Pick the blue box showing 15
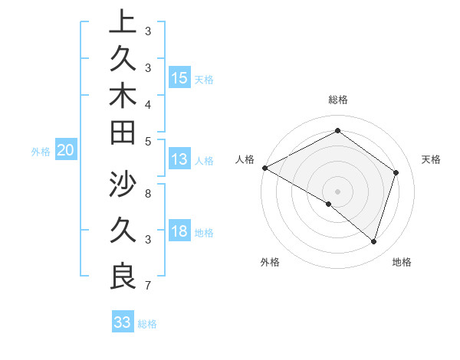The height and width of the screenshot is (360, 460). pos(179,78)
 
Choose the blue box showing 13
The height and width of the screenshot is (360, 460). pos(179,159)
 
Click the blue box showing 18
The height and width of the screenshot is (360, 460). pos(179,231)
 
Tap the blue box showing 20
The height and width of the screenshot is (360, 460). pos(66,151)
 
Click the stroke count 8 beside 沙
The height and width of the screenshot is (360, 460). pos(147,185)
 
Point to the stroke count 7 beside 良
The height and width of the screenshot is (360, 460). pos(147,286)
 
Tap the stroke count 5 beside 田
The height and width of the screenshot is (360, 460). pos(147,140)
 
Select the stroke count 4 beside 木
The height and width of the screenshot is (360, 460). pos(147,103)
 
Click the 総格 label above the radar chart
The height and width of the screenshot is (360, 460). pos(337,100)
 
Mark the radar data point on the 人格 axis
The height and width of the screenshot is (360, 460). pos(264,168)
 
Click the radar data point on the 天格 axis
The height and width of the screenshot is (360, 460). pos(396,172)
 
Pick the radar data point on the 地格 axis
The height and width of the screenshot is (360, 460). pos(373,241)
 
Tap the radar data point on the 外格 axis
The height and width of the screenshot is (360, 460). pos(329,204)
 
